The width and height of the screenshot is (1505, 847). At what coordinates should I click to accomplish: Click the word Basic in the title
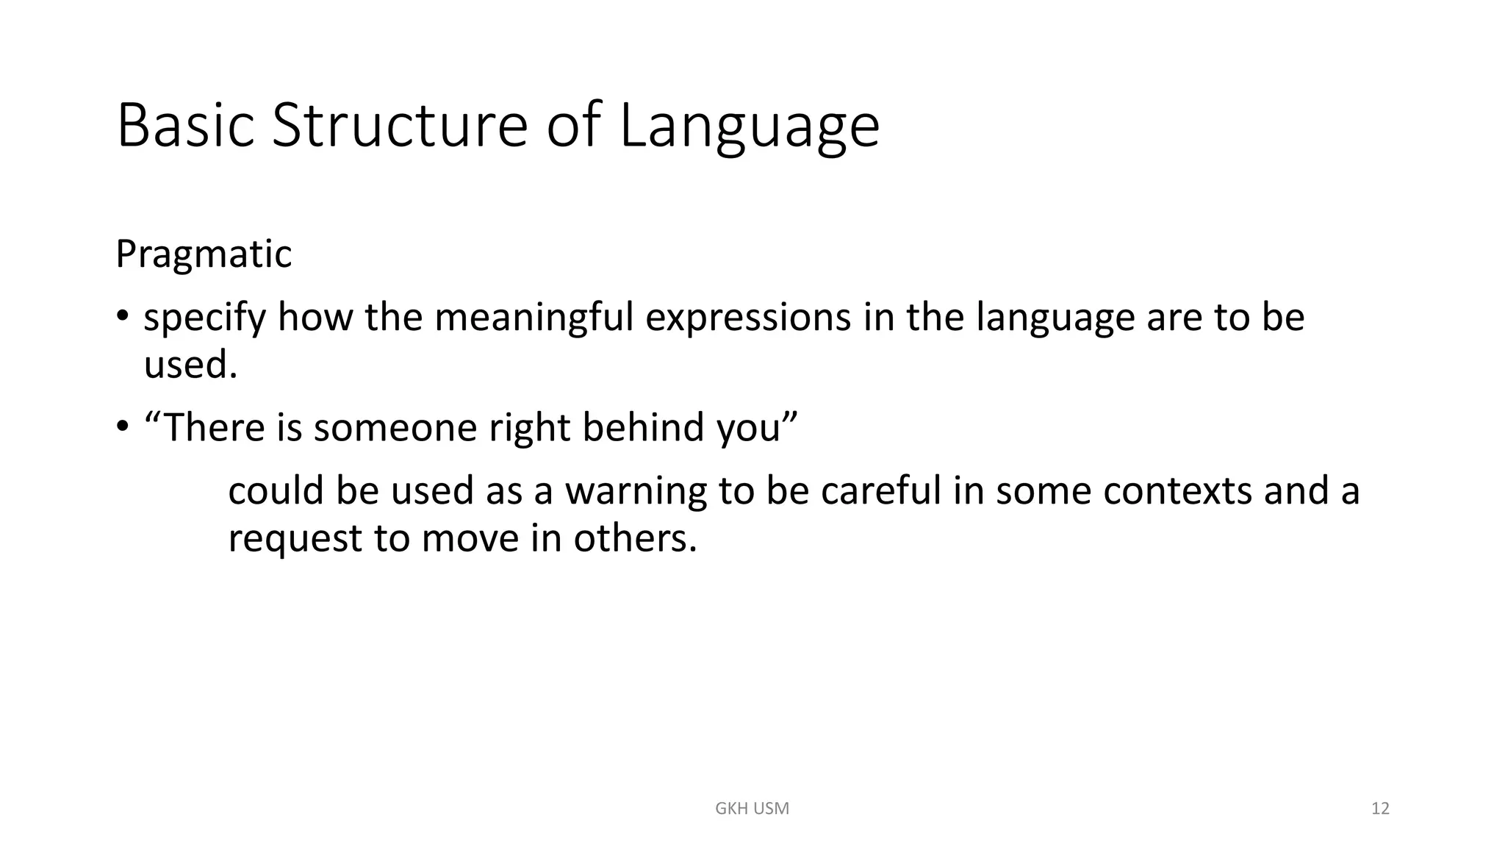tap(185, 126)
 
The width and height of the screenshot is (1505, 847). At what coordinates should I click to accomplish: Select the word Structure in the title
tap(399, 126)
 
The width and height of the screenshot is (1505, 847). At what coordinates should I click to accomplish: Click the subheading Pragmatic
tap(204, 254)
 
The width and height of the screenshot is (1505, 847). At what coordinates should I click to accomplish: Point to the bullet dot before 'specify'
tap(122, 317)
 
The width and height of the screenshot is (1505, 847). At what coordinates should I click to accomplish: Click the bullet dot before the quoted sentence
tap(122, 426)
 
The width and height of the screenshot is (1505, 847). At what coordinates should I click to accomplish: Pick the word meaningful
tap(534, 318)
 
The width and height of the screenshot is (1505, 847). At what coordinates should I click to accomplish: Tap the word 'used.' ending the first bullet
tap(190, 365)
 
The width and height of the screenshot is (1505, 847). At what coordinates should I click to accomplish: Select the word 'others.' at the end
tap(635, 538)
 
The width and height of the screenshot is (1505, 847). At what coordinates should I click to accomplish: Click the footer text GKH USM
tap(752, 809)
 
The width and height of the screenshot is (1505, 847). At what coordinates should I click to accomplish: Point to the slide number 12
tap(1380, 809)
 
